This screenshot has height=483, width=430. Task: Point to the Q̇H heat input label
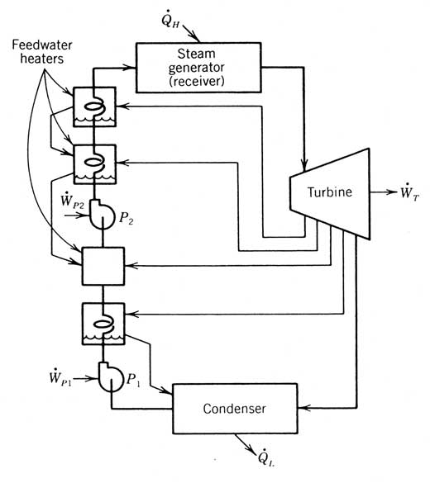pyautogui.click(x=170, y=20)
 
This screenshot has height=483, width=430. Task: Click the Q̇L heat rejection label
pyautogui.click(x=266, y=458)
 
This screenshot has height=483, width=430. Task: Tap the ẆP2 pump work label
pyautogui.click(x=73, y=201)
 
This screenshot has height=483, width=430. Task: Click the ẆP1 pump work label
pyautogui.click(x=60, y=377)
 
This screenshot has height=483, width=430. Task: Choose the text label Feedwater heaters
pyautogui.click(x=42, y=52)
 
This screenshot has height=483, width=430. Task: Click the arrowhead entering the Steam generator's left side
pyautogui.click(x=131, y=68)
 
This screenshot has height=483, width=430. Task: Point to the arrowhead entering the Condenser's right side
pyautogui.click(x=303, y=408)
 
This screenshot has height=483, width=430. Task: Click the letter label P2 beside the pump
pyautogui.click(x=127, y=218)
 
